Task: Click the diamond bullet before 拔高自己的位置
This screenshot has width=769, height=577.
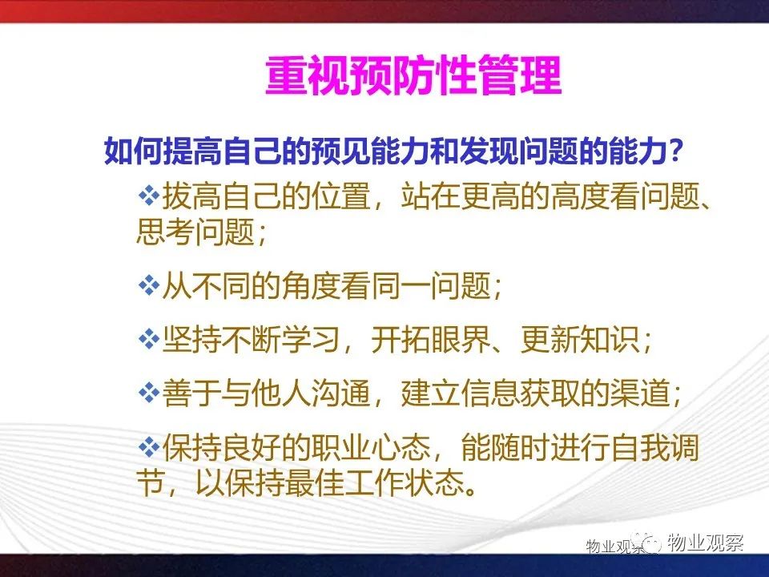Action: (x=149, y=197)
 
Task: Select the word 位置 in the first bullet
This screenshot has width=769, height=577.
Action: (x=341, y=197)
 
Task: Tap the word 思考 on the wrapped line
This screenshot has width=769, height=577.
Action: (x=165, y=232)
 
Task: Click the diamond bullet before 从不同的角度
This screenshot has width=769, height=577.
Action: (x=149, y=285)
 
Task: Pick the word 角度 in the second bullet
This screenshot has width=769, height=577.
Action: (x=312, y=285)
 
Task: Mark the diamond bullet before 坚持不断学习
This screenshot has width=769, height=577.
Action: (x=149, y=339)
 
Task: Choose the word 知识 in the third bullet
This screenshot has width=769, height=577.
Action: (x=610, y=340)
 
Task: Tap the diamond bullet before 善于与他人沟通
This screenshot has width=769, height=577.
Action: (x=149, y=393)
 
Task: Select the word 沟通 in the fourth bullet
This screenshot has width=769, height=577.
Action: (x=341, y=393)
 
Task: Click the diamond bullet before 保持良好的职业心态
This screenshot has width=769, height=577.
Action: (x=149, y=447)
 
